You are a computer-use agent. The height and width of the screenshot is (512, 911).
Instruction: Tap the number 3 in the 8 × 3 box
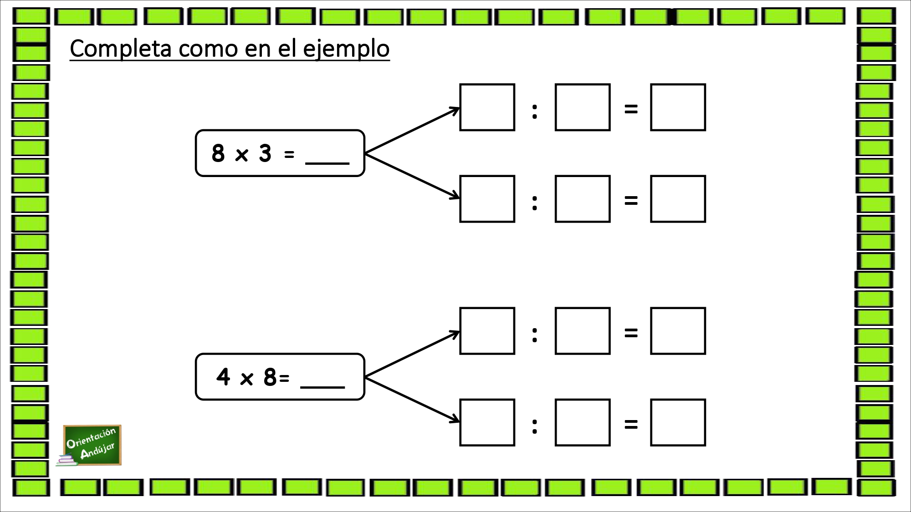pos(265,153)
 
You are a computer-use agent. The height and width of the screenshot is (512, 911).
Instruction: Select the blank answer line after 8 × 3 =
pos(327,162)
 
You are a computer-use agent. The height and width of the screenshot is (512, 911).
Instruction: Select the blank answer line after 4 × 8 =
pos(322,387)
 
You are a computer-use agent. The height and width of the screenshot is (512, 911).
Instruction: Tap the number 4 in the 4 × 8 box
pos(223,377)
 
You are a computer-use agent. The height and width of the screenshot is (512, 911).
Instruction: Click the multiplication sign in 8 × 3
pos(241,155)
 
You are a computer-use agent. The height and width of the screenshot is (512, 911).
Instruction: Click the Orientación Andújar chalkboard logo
pos(92,446)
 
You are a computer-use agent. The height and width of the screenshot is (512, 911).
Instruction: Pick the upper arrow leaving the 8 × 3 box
pos(412,131)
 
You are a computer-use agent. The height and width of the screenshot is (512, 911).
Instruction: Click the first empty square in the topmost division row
pos(487,107)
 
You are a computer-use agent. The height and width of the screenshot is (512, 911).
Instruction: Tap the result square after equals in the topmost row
pos(678,107)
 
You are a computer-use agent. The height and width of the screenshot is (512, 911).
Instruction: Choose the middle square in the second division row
pos(583,199)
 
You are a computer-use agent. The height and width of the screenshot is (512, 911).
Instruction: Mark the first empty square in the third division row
pos(487,331)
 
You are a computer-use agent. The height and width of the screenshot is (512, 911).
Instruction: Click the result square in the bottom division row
pos(678,422)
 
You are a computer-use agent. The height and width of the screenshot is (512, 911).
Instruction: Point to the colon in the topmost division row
pos(535,112)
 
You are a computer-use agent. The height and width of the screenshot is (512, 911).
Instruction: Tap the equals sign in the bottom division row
pos(631,425)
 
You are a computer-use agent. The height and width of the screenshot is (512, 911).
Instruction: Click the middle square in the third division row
pos(583,331)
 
